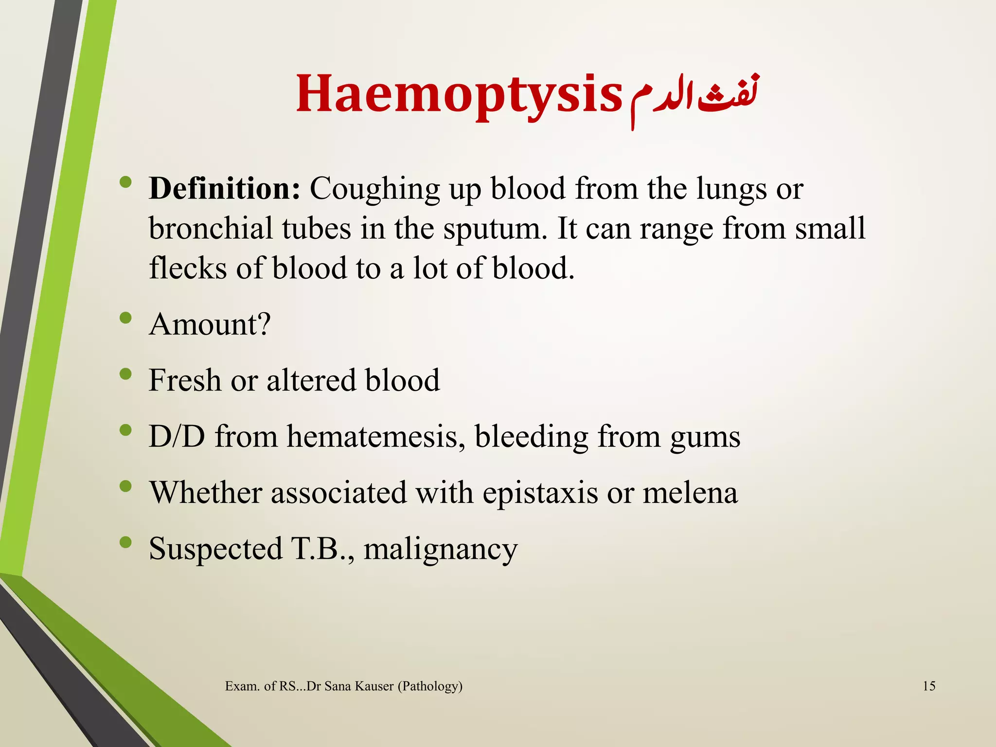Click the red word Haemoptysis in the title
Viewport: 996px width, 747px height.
[x=459, y=94]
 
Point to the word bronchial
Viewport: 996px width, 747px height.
[x=210, y=228]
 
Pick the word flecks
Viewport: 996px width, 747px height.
[x=188, y=268]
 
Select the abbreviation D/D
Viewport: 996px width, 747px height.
[x=177, y=436]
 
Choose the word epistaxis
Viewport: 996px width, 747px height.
[x=540, y=493]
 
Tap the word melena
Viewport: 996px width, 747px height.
[x=690, y=492]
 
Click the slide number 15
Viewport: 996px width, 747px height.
[x=929, y=686]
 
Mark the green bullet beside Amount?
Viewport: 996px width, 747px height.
[x=125, y=318]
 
